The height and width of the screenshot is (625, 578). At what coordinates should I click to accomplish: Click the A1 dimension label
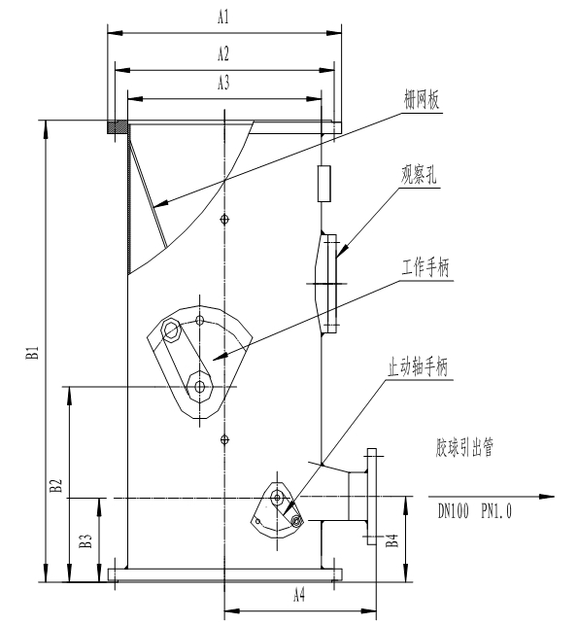pos(223,17)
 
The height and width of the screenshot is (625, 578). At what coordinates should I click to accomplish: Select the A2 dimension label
pos(223,53)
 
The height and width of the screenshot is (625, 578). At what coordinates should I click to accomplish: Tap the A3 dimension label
pos(223,83)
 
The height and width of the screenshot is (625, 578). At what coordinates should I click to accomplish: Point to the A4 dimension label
pos(299,596)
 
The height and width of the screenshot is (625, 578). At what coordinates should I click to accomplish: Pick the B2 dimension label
pos(56,485)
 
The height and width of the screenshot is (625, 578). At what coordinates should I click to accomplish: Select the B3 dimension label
pos(85,540)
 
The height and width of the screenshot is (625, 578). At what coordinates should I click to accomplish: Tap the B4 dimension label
pos(392,540)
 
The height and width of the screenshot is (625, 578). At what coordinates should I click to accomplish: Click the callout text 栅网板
pos(422,100)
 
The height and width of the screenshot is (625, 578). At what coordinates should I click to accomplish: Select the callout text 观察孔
pos(419,175)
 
